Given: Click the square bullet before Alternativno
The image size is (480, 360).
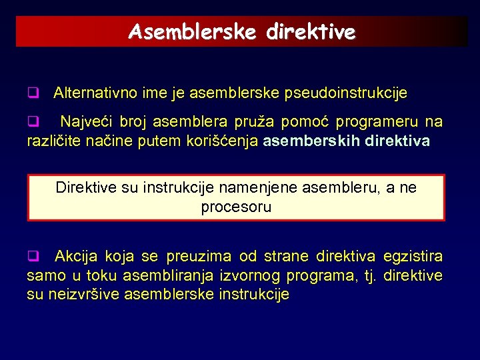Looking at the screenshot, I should coord(31,92).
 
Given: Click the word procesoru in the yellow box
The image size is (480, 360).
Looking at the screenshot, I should coord(236,207).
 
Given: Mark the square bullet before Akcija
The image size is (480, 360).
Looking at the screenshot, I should coord(31,256).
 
